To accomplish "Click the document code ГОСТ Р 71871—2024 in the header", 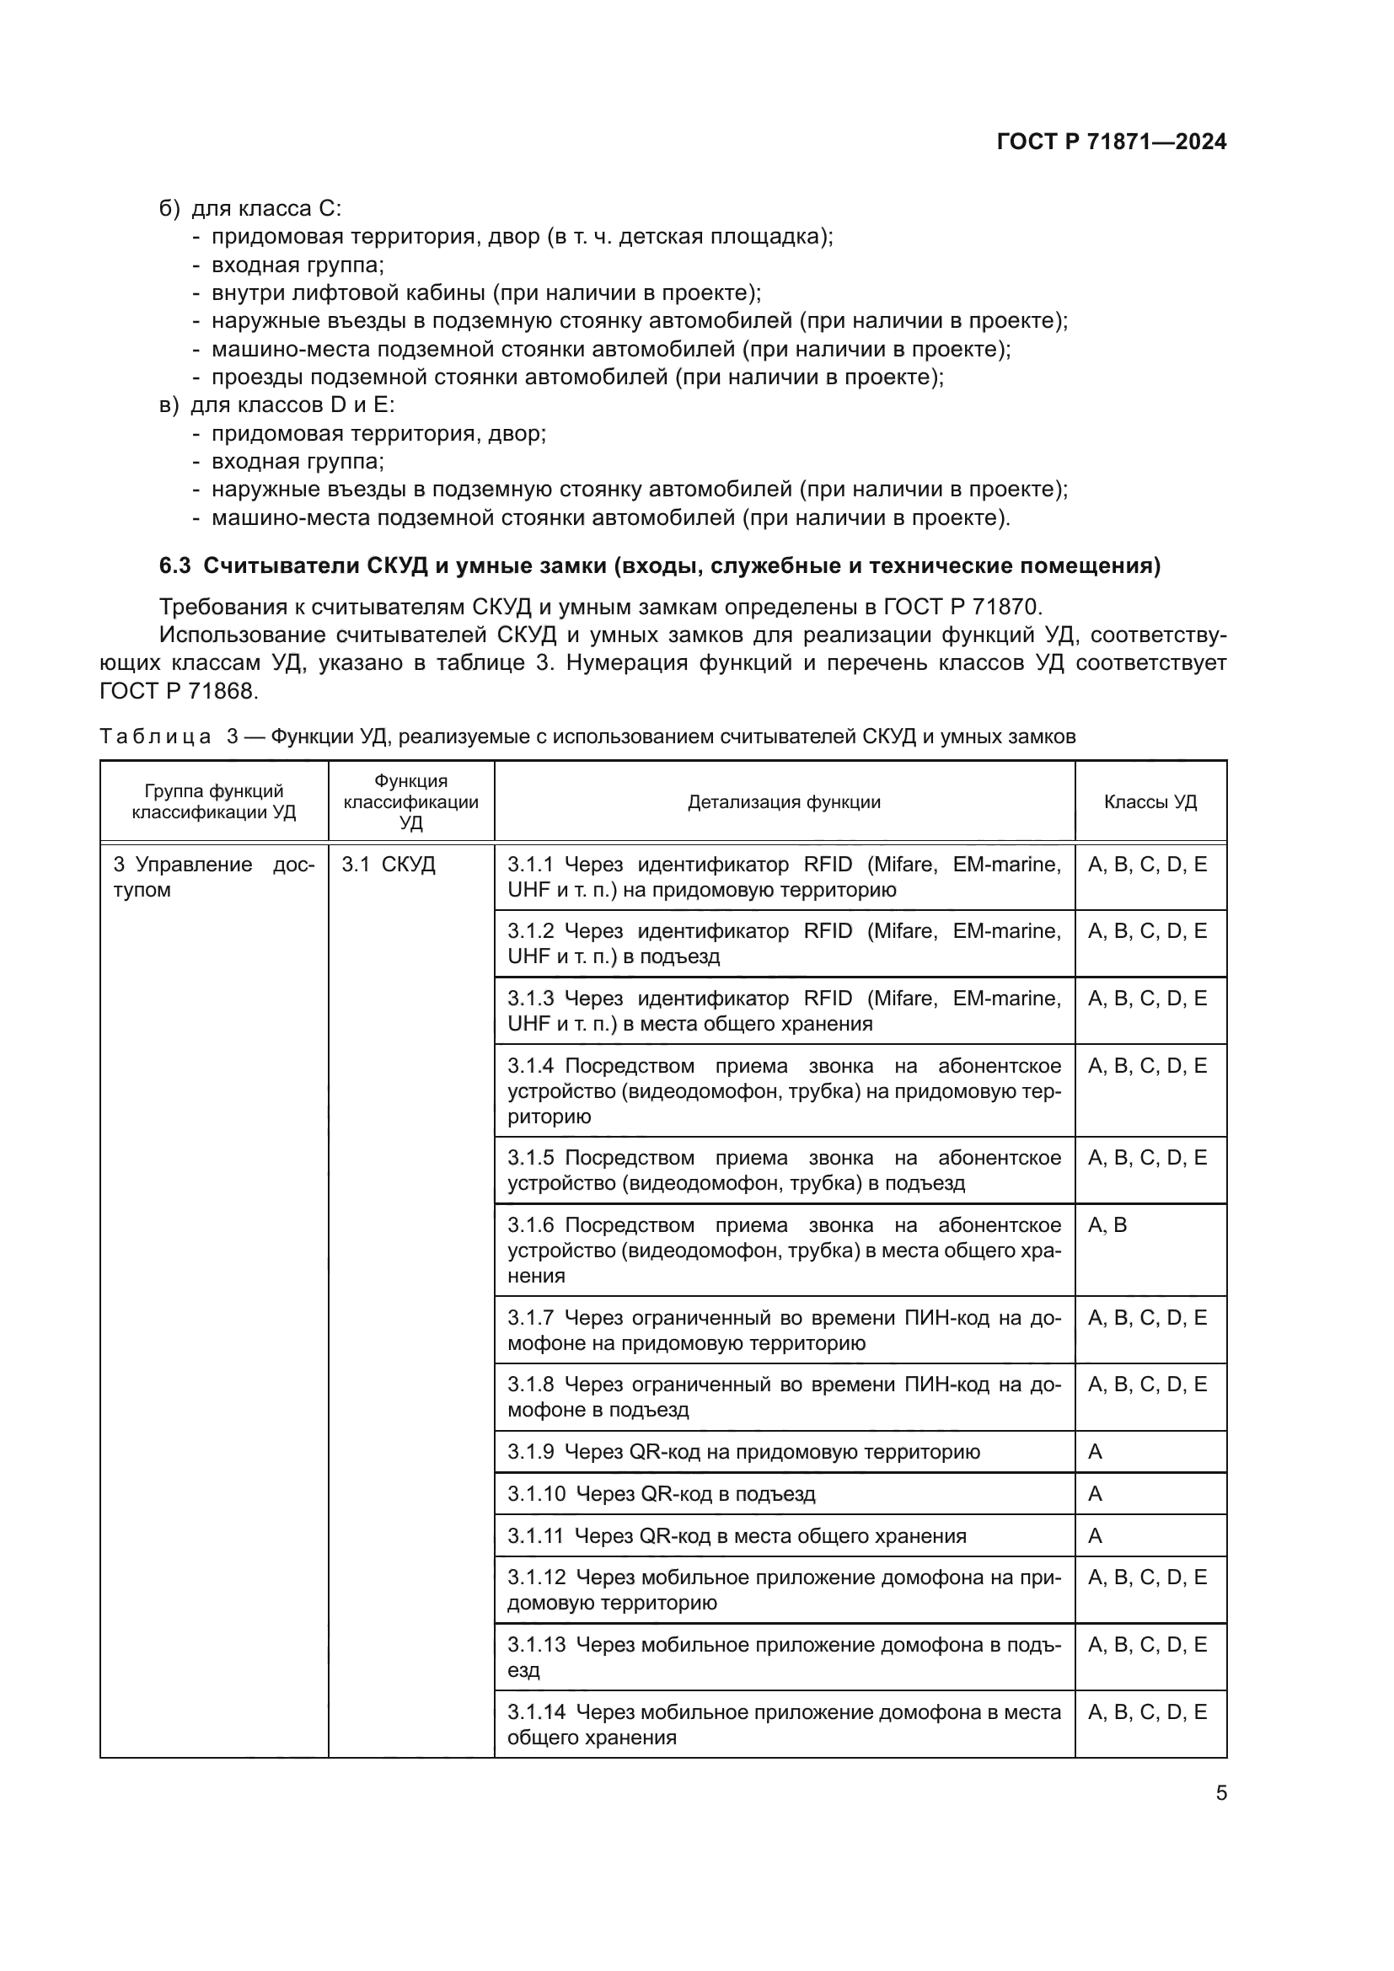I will click(1112, 142).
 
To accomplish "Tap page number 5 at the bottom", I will click(1220, 1793).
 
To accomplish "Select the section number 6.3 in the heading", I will click(175, 565).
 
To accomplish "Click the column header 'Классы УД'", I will click(1150, 801).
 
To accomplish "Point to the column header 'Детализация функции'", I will click(784, 801).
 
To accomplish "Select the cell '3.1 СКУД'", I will click(388, 865).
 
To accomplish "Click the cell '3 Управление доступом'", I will click(213, 876).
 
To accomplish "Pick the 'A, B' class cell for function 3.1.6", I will click(1107, 1225).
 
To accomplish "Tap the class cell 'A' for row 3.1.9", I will click(1096, 1452).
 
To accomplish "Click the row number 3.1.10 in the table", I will click(537, 1494).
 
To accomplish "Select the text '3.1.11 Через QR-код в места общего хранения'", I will click(737, 1536).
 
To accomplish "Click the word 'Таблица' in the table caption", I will click(155, 736).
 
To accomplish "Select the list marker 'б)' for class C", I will click(169, 209).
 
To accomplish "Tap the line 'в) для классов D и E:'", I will click(276, 405).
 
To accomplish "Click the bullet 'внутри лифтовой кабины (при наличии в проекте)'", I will click(485, 292).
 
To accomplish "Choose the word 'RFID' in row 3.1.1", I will click(828, 865).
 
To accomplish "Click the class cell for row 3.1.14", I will click(1147, 1711).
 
